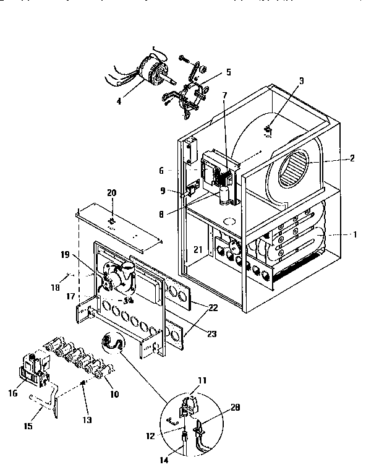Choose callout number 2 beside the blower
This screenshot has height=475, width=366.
(352, 158)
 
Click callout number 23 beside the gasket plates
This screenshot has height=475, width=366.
(213, 334)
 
